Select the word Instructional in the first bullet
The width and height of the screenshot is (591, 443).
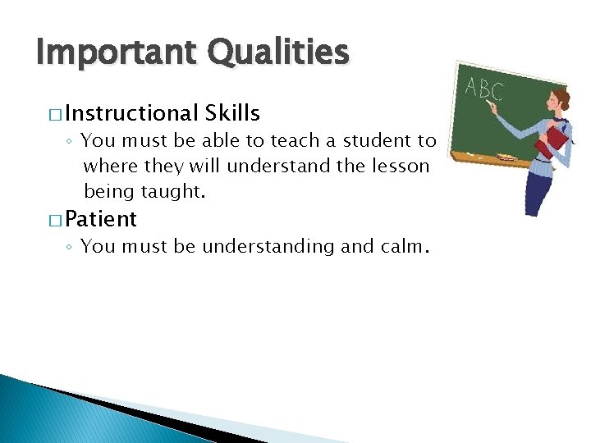point(132,113)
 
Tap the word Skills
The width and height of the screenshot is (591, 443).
point(233,113)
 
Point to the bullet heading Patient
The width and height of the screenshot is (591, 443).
point(101,219)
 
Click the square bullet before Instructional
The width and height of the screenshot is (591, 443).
point(54,114)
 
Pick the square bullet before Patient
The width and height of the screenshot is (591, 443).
point(54,220)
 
